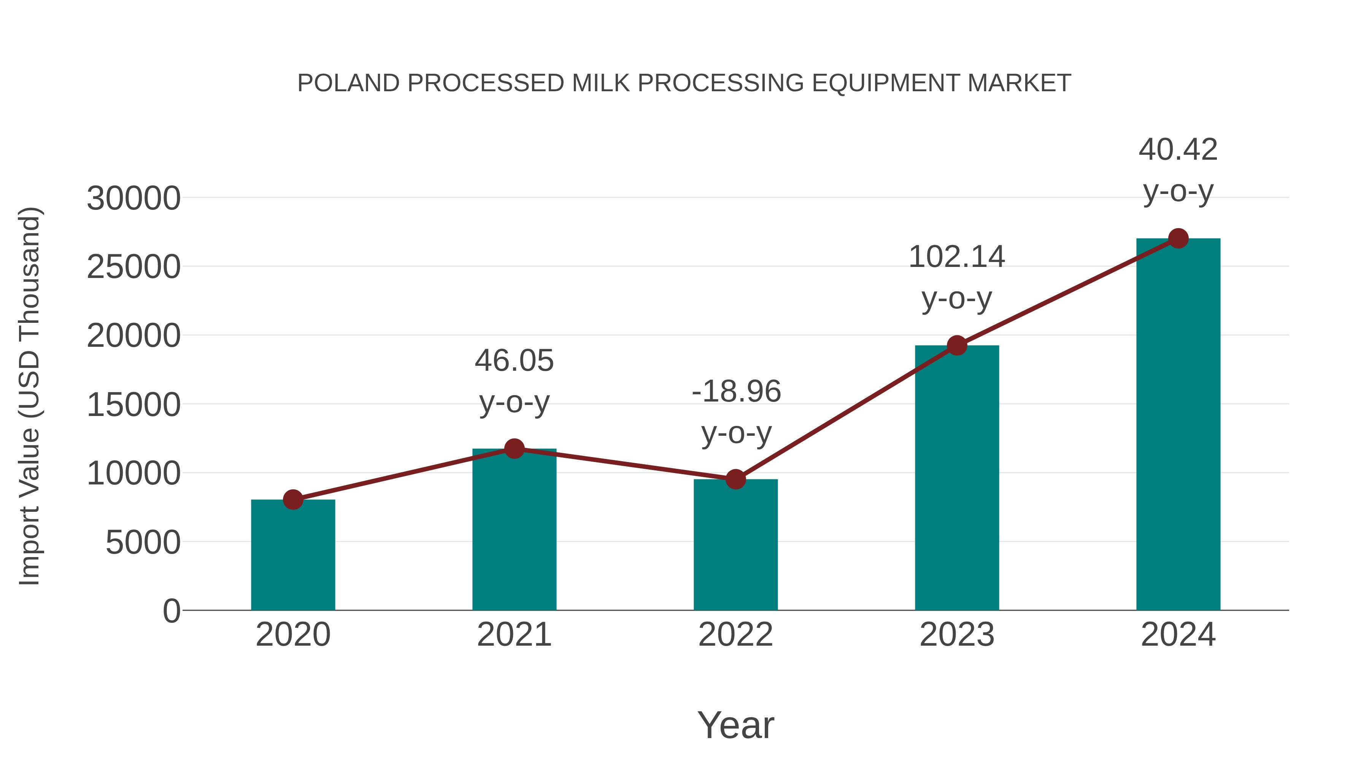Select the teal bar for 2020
click(293, 555)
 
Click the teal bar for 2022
click(735, 545)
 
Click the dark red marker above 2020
click(293, 500)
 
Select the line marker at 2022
click(735, 479)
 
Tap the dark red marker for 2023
click(957, 345)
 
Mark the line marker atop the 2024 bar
click(1178, 238)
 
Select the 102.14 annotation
click(957, 257)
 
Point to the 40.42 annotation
click(1178, 150)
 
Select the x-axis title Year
click(735, 725)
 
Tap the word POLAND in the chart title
click(348, 83)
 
